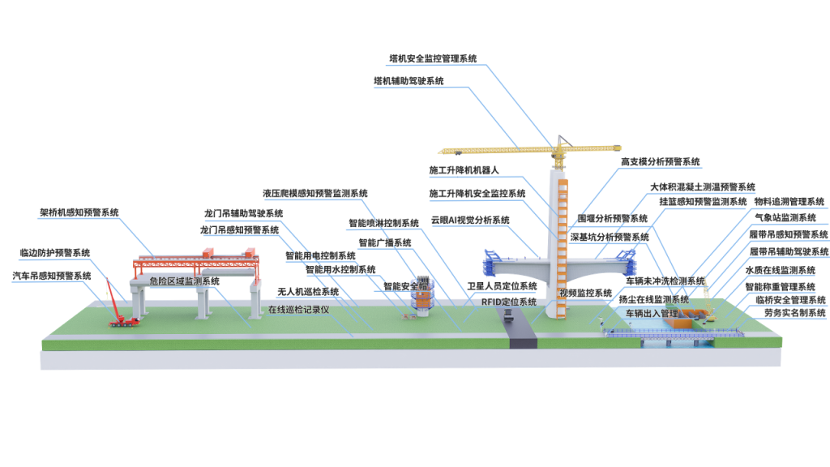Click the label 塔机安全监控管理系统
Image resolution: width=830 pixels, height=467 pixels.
(433, 58)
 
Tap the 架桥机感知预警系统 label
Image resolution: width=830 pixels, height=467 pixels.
(79, 212)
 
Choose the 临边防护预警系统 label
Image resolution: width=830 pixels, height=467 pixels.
(55, 252)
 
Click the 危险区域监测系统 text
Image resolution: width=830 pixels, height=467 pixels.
(185, 281)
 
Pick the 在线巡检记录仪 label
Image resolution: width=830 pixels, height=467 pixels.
(298, 310)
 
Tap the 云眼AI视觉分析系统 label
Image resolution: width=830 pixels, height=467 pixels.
(469, 220)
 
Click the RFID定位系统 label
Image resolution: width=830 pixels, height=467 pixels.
(509, 302)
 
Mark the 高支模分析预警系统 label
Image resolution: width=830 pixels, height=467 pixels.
(661, 162)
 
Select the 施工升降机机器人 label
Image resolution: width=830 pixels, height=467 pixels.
(464, 171)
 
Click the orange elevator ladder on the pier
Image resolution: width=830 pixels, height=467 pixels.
(563, 243)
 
